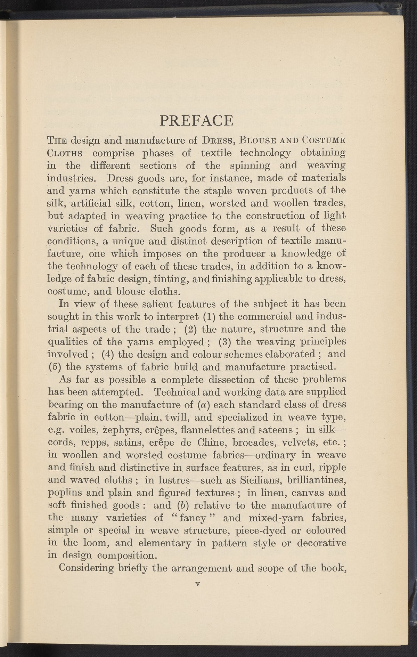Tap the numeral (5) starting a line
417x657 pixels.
click(54, 367)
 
